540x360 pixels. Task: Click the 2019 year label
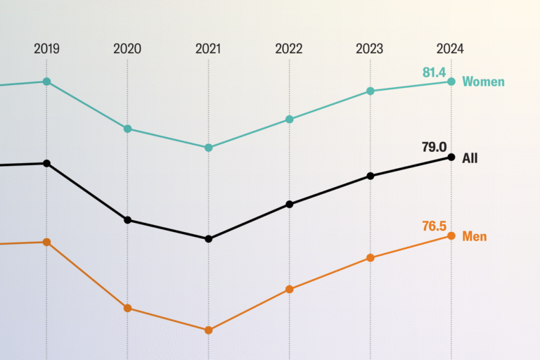[46, 49]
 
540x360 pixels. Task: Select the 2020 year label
[127, 49]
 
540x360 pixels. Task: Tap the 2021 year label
[208, 49]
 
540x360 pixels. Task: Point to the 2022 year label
[289, 49]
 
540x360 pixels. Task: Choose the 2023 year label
[370, 49]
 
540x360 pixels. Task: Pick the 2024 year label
[450, 49]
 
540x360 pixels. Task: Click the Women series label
[483, 82]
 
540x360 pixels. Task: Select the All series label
[470, 158]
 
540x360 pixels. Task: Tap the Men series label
[474, 236]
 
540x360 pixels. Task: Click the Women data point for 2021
[208, 148]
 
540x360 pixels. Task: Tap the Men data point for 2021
[208, 330]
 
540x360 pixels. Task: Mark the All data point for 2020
[127, 220]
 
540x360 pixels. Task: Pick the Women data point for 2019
[46, 82]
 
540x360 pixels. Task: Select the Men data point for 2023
[370, 258]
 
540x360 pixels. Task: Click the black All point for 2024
[451, 157]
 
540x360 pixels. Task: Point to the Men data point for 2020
[127, 308]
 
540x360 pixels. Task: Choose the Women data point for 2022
[289, 120]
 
